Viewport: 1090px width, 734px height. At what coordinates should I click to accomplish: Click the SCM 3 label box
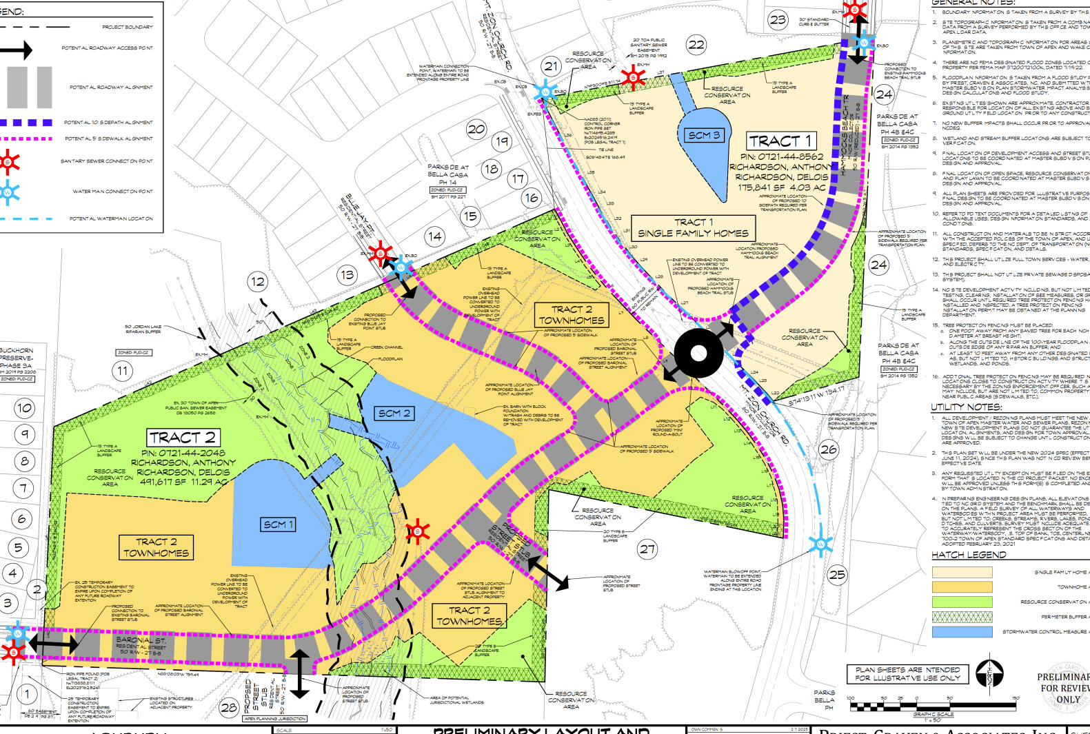pos(704,135)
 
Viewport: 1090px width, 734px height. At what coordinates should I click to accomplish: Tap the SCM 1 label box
pos(278,524)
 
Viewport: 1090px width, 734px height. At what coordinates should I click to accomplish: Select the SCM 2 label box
pos(394,413)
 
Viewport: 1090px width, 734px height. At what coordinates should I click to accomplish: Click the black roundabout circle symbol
pos(699,354)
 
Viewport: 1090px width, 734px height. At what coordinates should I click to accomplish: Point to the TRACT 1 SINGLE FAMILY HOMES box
pos(693,227)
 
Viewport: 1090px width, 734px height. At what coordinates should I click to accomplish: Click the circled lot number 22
pos(696,45)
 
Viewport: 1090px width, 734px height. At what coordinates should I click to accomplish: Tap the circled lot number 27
pos(647,549)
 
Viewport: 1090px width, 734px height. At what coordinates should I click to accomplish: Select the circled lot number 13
pos(347,274)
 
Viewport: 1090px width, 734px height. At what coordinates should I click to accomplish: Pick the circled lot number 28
pos(229,707)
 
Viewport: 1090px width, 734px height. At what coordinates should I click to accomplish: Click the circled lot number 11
pos(122,371)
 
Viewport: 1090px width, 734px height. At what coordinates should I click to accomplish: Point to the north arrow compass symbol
pos(989,673)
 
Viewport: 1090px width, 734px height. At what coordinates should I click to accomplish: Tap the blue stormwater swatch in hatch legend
pos(962,631)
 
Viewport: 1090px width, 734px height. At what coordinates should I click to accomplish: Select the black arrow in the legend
pos(15,50)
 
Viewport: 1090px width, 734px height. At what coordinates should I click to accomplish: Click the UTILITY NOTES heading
pos(967,407)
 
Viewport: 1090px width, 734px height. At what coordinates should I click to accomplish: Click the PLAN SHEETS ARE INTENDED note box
pos(907,673)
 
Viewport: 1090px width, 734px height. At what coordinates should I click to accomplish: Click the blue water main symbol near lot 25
pos(820,544)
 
